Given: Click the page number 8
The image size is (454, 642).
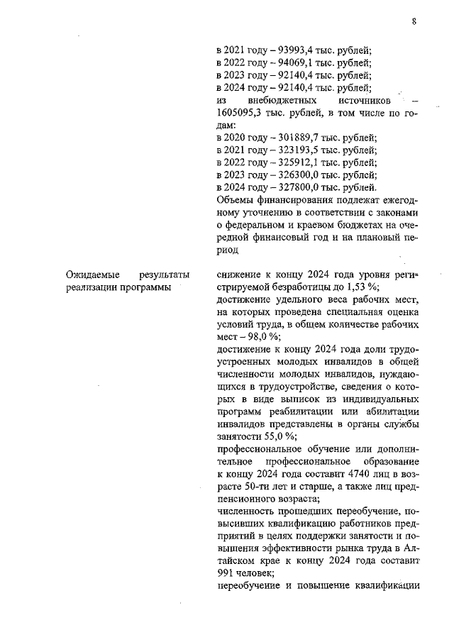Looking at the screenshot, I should click(414, 22).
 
